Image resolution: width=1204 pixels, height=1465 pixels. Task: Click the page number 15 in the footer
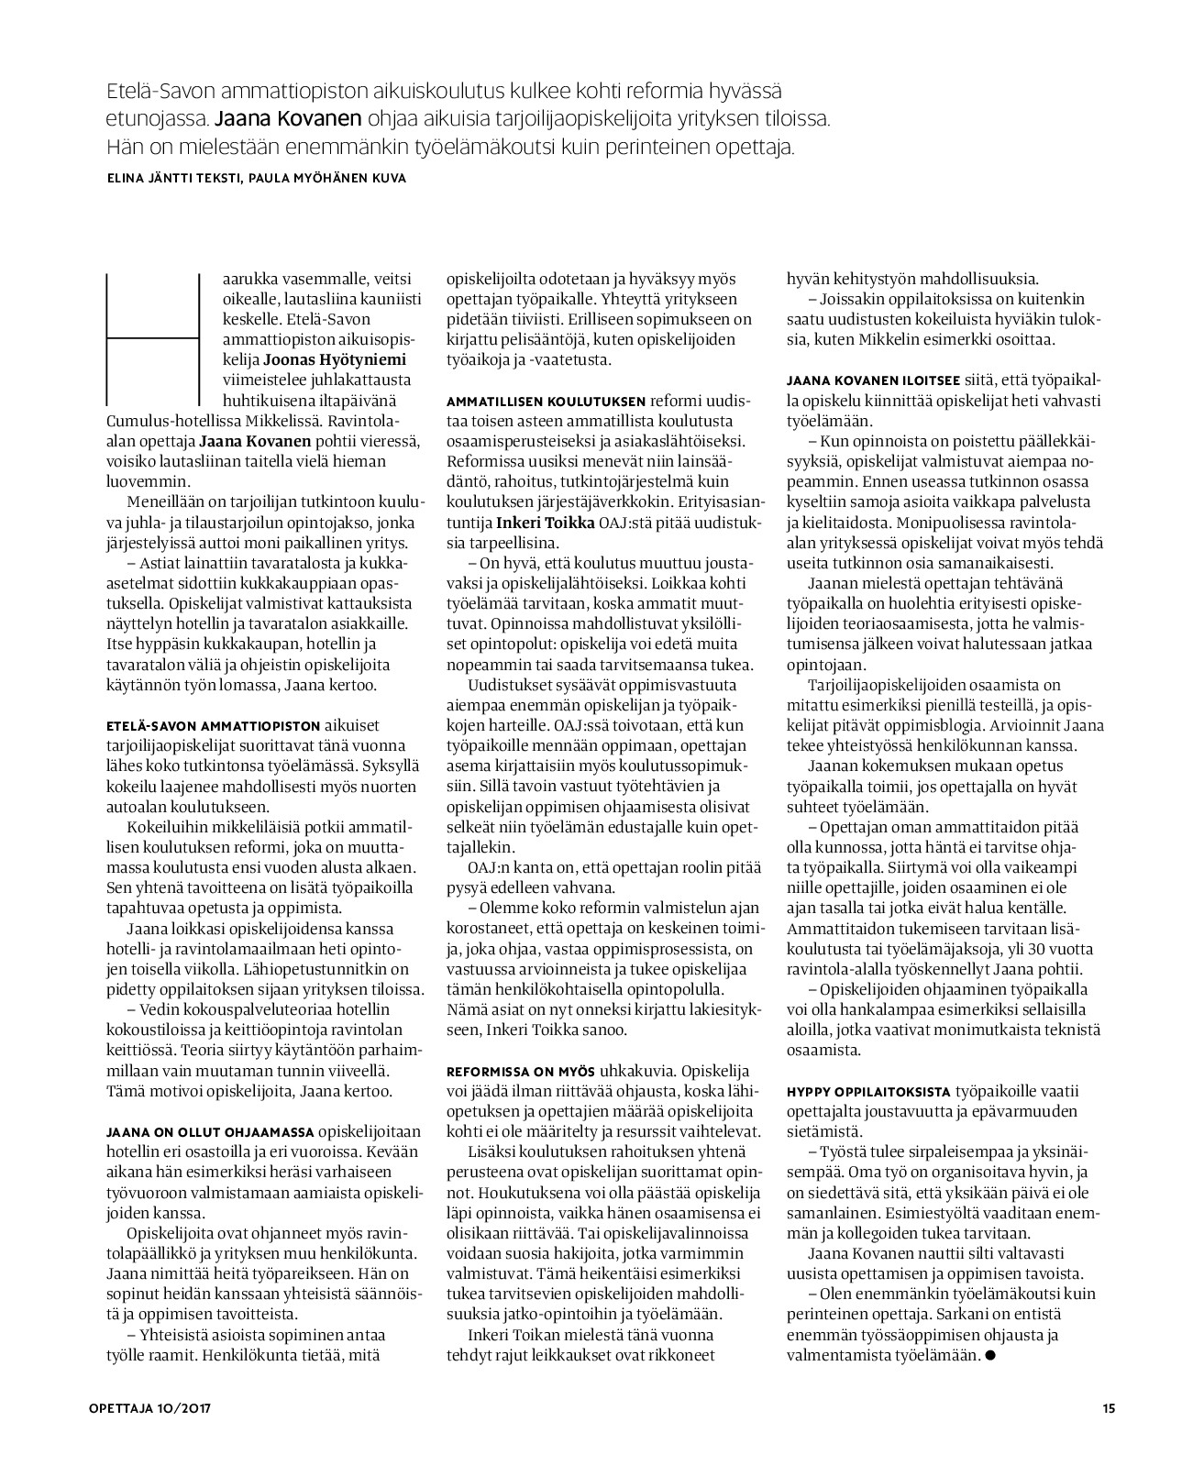pyautogui.click(x=1108, y=1409)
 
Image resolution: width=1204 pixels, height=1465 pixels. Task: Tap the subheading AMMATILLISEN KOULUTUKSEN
pyautogui.click(x=546, y=400)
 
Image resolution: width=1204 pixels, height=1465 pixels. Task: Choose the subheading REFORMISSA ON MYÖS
pyautogui.click(x=521, y=1071)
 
